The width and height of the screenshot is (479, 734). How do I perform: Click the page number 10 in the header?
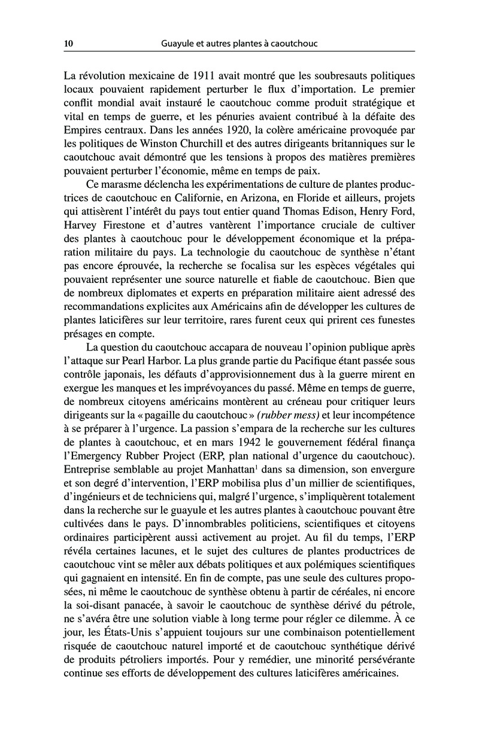pos(68,44)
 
